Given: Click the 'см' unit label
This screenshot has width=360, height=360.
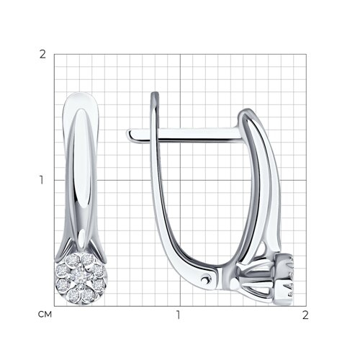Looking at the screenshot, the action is (45, 315).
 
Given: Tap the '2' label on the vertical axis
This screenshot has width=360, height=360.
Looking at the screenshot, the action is (42, 55).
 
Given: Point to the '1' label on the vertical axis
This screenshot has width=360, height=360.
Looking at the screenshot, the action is (42, 180).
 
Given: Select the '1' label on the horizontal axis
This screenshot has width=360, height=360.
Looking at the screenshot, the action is (178, 315).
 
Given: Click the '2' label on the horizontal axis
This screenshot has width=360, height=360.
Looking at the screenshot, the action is (305, 315).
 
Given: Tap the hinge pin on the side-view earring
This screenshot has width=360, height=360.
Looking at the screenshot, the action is (205, 279).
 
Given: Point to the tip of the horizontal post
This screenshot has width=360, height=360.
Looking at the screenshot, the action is (129, 133).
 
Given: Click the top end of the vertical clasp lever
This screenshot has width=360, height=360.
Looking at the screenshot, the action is (155, 93).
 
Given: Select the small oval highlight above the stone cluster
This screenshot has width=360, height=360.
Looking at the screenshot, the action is (82, 236).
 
